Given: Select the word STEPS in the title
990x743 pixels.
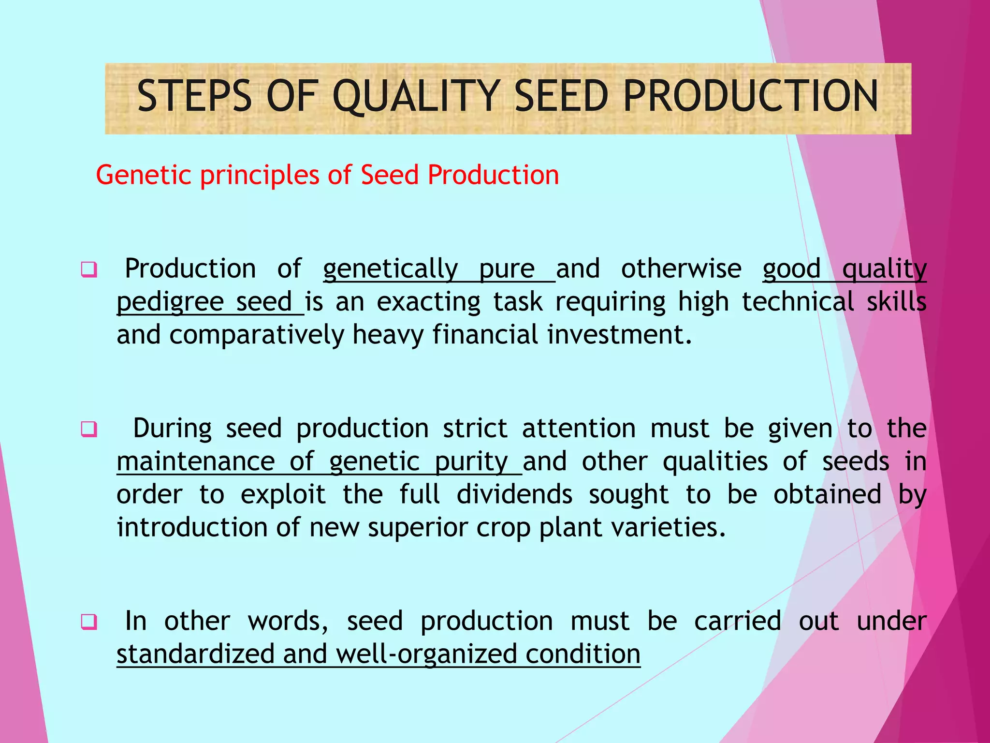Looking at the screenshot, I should [x=194, y=96].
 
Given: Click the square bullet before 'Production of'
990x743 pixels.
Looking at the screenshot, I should [x=89, y=269].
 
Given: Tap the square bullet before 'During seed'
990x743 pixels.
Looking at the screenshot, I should [x=89, y=429].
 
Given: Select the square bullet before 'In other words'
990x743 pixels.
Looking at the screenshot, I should [x=89, y=622].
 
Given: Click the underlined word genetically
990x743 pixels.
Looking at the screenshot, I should [x=390, y=270].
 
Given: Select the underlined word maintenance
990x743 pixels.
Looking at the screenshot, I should [x=196, y=461].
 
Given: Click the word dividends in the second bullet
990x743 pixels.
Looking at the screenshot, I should [x=514, y=494].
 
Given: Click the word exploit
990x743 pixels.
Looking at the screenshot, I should [x=283, y=494].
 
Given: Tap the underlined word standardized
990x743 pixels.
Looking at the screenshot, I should [x=196, y=654].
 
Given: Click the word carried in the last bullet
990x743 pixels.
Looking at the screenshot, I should [x=737, y=621].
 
